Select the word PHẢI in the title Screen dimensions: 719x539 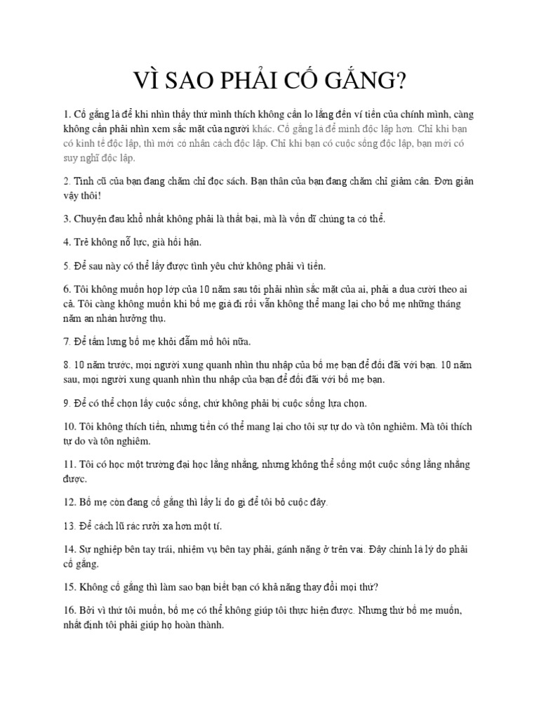point(269,81)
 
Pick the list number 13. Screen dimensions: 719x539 point(69,526)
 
